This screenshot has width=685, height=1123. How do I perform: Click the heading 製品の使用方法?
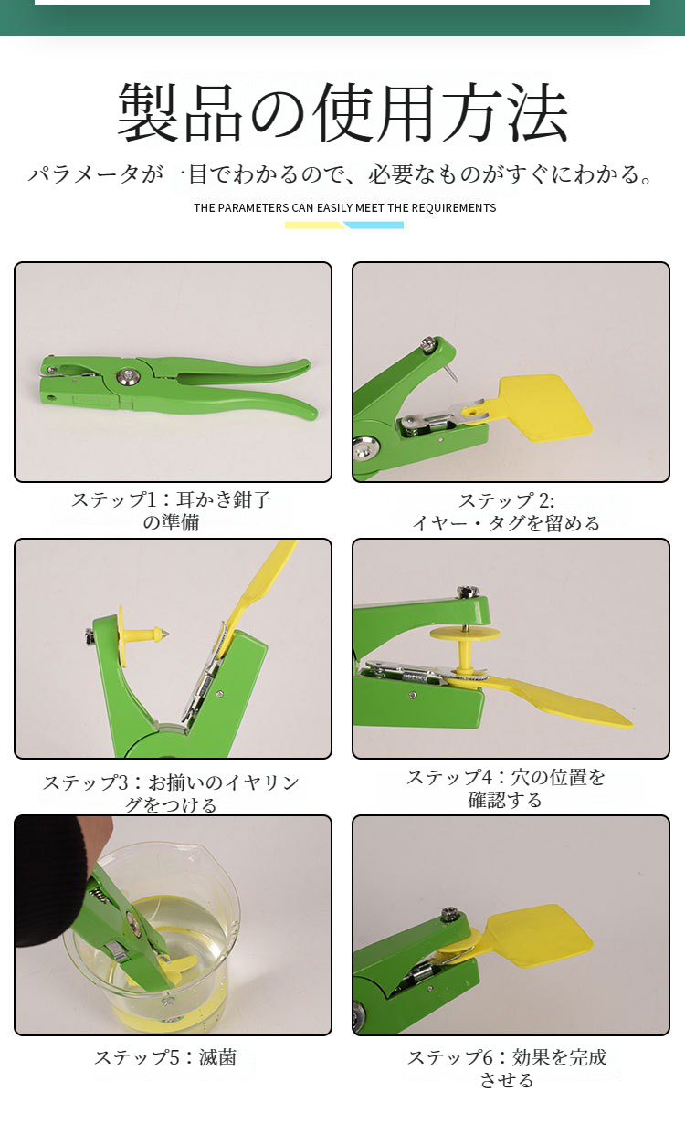tap(342, 113)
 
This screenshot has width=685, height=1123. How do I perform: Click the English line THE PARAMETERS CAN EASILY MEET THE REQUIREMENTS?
tap(344, 208)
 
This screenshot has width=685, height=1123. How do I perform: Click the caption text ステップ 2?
tap(506, 501)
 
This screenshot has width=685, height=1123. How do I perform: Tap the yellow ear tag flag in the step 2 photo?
tap(544, 404)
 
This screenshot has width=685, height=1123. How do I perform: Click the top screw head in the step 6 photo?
tap(448, 914)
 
